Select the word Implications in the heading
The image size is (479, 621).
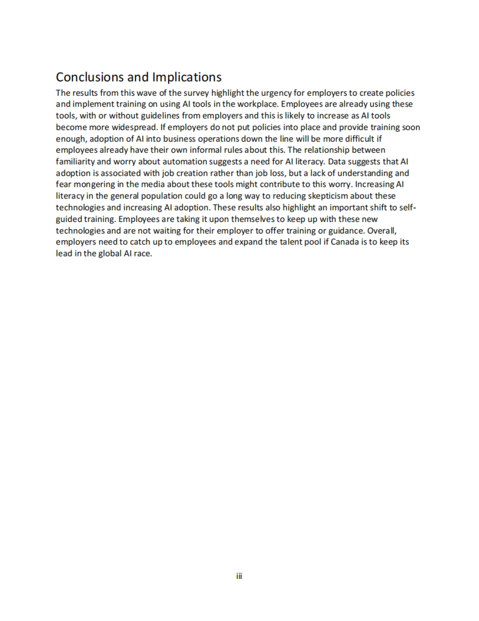pyautogui.click(x=187, y=77)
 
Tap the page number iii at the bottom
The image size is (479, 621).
pyautogui.click(x=239, y=576)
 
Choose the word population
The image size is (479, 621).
pyautogui.click(x=162, y=196)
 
